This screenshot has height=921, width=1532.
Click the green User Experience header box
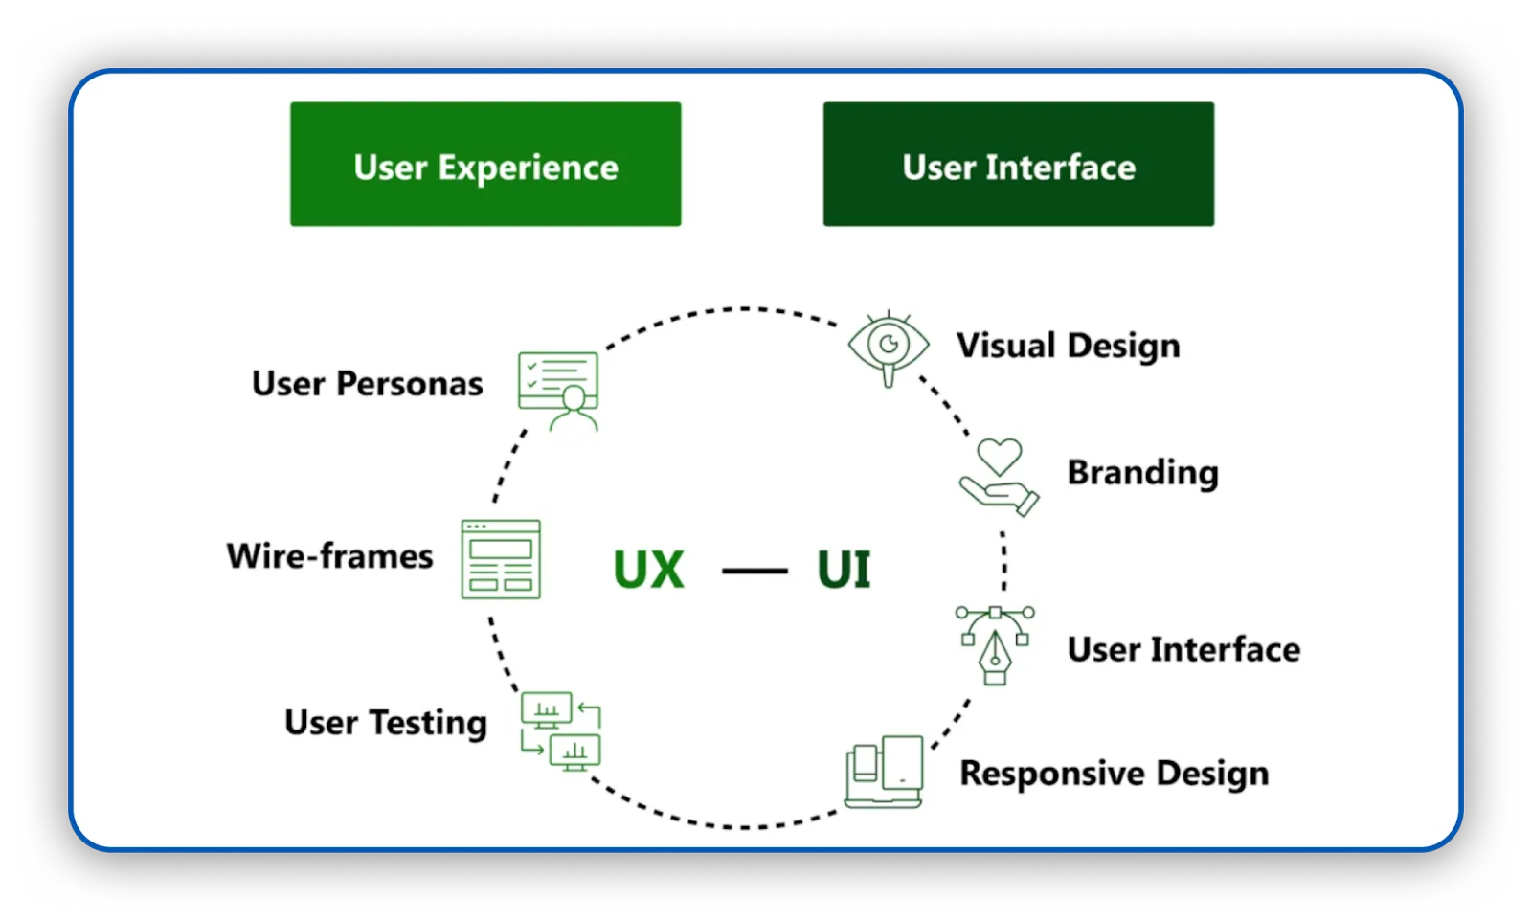[x=485, y=165]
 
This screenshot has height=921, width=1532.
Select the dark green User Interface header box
[x=1018, y=165]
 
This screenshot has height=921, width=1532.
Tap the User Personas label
[x=367, y=384]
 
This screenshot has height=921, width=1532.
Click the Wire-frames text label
[x=329, y=556]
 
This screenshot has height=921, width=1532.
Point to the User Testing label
[x=385, y=723]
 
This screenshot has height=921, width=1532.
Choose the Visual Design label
[x=1068, y=346]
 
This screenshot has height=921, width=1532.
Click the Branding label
[x=1142, y=472]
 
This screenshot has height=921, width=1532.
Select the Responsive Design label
[x=1114, y=773]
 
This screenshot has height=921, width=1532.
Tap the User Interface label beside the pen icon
[x=1183, y=649]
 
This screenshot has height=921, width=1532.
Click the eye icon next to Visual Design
[x=889, y=347]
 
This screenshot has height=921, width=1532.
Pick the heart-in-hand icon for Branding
[x=999, y=478]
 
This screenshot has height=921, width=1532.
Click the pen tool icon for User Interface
[x=995, y=644]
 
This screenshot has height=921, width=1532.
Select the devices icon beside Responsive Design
[x=885, y=772]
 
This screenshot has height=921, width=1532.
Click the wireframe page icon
[x=501, y=559]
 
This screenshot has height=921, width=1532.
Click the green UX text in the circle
[x=648, y=571]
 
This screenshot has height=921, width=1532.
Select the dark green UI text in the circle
[x=844, y=571]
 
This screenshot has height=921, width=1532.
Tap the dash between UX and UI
[x=755, y=572]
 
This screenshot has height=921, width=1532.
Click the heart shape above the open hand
[x=1000, y=457]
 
